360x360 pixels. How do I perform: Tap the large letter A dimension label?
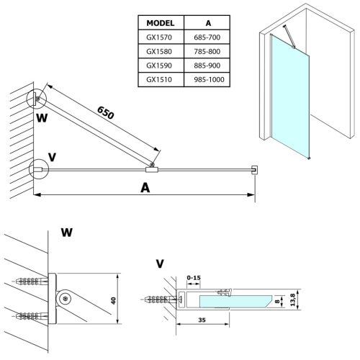[x=145, y=187]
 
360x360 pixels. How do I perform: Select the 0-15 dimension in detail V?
[x=194, y=276]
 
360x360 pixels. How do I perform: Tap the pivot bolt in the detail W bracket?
[x=66, y=299]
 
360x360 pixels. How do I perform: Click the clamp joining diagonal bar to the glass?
[x=151, y=169]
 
